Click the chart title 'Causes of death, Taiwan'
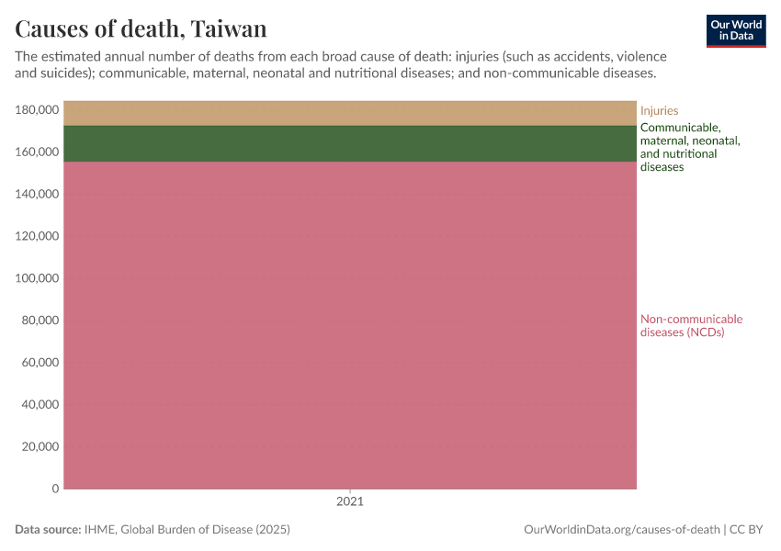click(141, 28)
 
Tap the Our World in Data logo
click(735, 30)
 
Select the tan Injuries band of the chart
click(349, 113)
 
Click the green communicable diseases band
click(349, 143)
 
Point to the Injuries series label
click(659, 111)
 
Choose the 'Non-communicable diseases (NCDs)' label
click(691, 326)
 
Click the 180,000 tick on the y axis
click(38, 110)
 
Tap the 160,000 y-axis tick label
click(38, 152)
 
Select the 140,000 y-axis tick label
click(38, 195)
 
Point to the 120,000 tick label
click(38, 236)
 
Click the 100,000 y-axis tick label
click(38, 278)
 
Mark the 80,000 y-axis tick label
click(40, 320)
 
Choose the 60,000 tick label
click(40, 363)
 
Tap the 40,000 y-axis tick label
click(40, 405)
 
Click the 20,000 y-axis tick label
click(40, 447)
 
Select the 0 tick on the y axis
click(55, 489)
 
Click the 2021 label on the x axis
click(349, 502)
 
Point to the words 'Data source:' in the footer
click(48, 530)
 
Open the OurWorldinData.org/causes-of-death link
click(621, 530)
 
